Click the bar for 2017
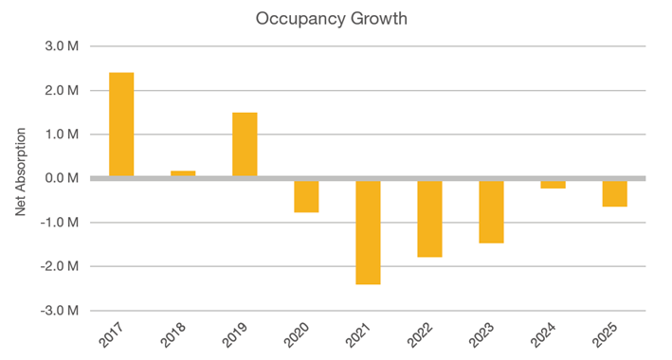coord(121,124)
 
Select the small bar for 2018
coord(183,173)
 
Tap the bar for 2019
coord(245,144)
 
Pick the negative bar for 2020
coord(306,196)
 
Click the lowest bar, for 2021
coord(368,232)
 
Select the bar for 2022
coord(429,218)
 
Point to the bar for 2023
coord(491,211)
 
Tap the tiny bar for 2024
coord(553,184)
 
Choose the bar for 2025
coord(614,192)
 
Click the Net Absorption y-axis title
coord(20,177)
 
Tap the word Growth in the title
coord(376,18)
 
